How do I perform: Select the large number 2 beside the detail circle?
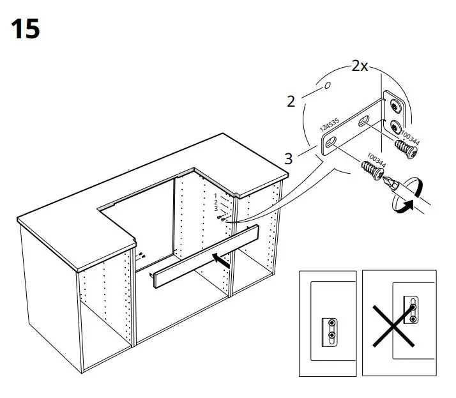pos(291,102)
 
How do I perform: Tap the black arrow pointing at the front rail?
pos(220,259)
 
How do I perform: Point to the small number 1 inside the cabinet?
pos(216,194)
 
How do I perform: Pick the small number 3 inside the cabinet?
pos(216,209)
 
